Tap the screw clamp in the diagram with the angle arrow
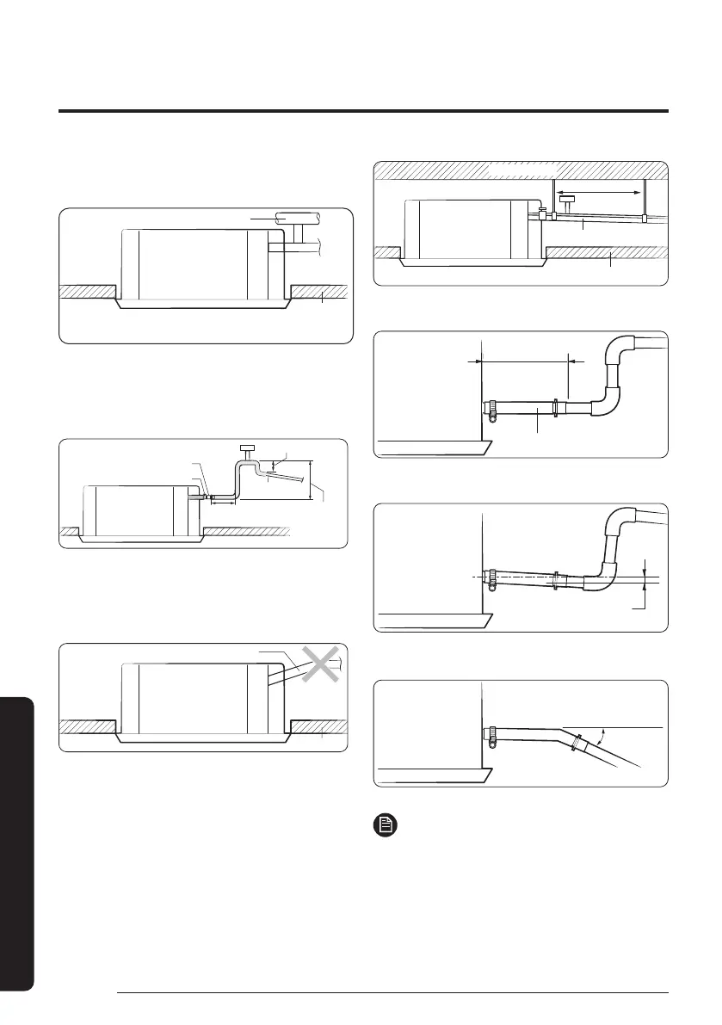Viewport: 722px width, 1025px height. (492, 738)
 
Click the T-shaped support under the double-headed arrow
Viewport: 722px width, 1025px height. (568, 202)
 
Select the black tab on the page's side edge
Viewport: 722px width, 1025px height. (15, 843)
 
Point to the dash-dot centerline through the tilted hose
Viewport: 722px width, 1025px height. (534, 578)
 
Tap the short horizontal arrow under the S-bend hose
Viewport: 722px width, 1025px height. (223, 502)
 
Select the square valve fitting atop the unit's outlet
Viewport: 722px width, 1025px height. (541, 212)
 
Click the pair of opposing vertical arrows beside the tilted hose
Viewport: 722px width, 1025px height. (645, 579)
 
